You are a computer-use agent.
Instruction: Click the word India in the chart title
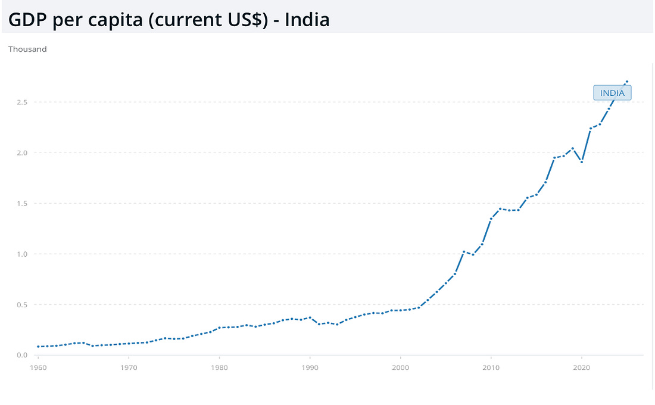(x=307, y=20)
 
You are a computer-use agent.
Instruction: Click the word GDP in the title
(x=27, y=20)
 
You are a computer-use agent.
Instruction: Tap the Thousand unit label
(x=27, y=49)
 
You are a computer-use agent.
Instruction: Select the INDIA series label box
(x=612, y=93)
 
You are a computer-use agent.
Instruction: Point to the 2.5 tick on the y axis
(x=22, y=102)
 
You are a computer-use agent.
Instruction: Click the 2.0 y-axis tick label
(x=22, y=153)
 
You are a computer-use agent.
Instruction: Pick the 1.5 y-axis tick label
(x=22, y=204)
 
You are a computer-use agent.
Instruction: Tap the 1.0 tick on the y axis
(x=22, y=254)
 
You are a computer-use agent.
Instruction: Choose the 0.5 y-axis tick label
(x=22, y=305)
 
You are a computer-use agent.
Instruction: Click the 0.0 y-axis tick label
(x=22, y=355)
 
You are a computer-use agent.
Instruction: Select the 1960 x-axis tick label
(x=38, y=368)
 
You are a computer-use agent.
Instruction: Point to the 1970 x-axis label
(x=129, y=368)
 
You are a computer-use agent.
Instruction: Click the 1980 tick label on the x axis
(x=219, y=368)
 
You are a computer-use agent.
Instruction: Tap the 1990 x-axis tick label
(x=310, y=368)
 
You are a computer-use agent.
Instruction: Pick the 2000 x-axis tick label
(x=401, y=368)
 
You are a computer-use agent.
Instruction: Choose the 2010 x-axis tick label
(x=491, y=368)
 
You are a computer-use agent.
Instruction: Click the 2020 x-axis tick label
(x=582, y=368)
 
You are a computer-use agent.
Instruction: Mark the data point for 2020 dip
(x=582, y=162)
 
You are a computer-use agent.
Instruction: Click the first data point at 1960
(x=38, y=347)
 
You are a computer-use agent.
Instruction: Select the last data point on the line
(x=627, y=82)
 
